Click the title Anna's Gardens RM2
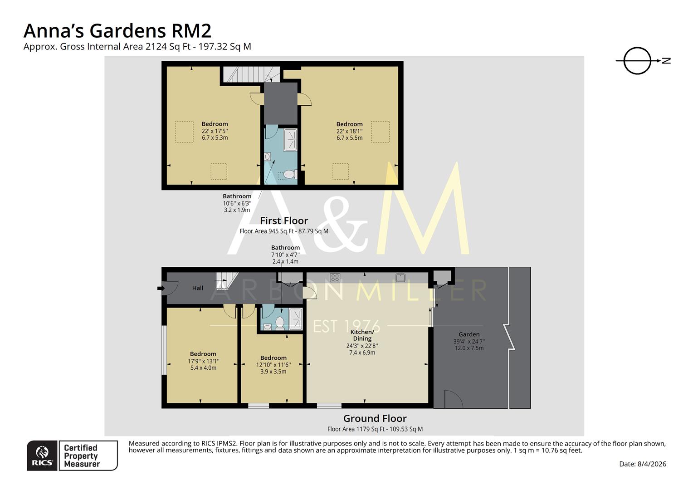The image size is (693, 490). pos(117,31)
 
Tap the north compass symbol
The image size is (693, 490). pos(637,61)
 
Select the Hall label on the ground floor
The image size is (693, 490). pos(198,288)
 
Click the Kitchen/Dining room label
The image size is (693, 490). pos(362,335)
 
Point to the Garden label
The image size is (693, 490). pos(469,334)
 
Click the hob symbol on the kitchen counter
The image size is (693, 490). pos(335,278)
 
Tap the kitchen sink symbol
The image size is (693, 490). pos(400,277)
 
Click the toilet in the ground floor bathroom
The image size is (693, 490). pos(280,323)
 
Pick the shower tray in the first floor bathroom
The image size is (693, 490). pos(290,140)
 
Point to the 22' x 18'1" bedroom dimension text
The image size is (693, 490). pos(349,131)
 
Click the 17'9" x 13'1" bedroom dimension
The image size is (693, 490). pos(203,362)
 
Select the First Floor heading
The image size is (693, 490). pos(284,221)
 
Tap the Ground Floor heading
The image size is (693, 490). pos(375,419)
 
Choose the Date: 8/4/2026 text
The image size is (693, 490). pos(643,464)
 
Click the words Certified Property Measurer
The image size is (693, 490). pos(82,456)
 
